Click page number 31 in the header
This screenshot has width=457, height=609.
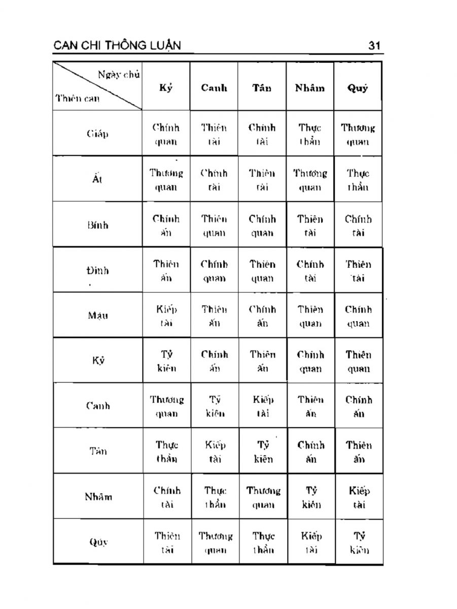pos(375,46)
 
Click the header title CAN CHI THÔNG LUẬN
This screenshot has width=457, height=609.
pos(117,46)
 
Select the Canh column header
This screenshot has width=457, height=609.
pos(214,88)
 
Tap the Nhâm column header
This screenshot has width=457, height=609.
pos(310,88)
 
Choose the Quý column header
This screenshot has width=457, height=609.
pos(358,88)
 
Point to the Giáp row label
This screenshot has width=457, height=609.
pos(97,134)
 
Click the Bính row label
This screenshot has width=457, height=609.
pos(97,225)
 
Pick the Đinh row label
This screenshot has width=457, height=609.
pos(97,270)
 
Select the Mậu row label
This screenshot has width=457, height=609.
pos(97,315)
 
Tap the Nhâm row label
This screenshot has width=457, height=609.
pos(97,497)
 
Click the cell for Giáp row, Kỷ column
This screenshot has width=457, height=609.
pos(166,134)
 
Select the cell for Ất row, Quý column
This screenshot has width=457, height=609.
pos(358,180)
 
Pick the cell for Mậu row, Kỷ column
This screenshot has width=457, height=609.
pos(166,316)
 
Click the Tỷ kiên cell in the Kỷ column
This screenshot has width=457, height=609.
pos(166,361)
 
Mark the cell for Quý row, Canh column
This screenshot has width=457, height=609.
pos(215,542)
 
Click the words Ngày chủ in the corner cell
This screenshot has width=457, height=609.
pos(119,75)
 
